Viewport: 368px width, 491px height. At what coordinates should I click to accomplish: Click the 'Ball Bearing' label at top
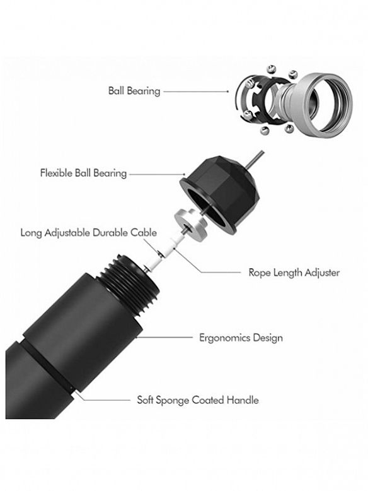pos(134,91)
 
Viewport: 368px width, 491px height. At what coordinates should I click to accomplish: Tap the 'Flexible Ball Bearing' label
pos(83,173)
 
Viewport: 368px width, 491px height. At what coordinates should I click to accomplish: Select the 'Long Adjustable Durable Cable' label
pos(88,233)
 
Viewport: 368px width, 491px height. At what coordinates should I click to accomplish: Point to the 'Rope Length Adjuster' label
pos(294,273)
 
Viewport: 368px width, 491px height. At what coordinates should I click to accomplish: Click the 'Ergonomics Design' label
pos(241,338)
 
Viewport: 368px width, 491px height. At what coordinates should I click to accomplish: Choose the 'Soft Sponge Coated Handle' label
pos(198,400)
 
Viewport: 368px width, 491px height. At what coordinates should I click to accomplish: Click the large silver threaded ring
pos(324,105)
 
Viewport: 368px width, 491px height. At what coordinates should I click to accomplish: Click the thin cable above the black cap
pos(255,160)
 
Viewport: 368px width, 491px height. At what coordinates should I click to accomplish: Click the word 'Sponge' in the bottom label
pos(172,401)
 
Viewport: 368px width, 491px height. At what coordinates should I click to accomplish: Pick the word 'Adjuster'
pos(322,273)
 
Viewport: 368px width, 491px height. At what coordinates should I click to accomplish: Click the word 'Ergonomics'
pos(224,338)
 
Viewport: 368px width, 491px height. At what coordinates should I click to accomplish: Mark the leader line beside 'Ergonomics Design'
pos(164,337)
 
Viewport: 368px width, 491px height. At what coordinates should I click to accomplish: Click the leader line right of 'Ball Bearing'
pos(196,92)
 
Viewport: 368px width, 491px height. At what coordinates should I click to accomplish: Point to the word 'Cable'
pos(144,233)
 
